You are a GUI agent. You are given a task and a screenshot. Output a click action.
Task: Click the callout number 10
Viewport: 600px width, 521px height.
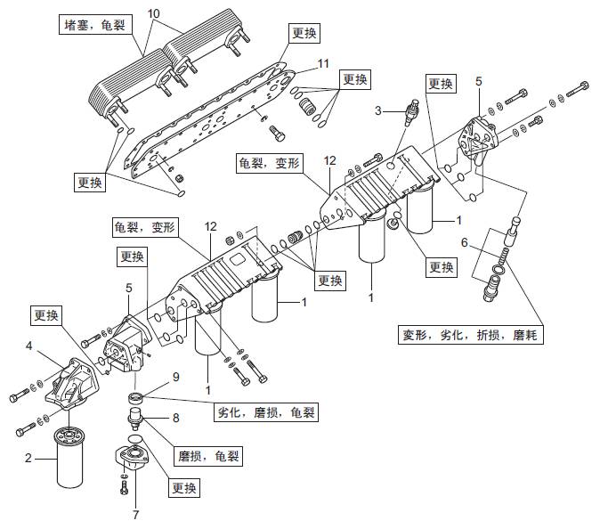point(153,14)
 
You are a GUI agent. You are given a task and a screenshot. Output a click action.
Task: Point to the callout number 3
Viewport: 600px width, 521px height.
point(377,110)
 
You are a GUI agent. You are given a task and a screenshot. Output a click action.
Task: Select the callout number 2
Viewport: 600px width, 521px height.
point(28,460)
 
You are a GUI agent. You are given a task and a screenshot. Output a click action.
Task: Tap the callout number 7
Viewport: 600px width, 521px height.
point(135,514)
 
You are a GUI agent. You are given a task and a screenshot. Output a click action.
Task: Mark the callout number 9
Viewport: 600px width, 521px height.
point(175,377)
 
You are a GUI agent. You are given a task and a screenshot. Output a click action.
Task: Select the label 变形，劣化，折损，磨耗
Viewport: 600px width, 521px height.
point(470,335)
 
